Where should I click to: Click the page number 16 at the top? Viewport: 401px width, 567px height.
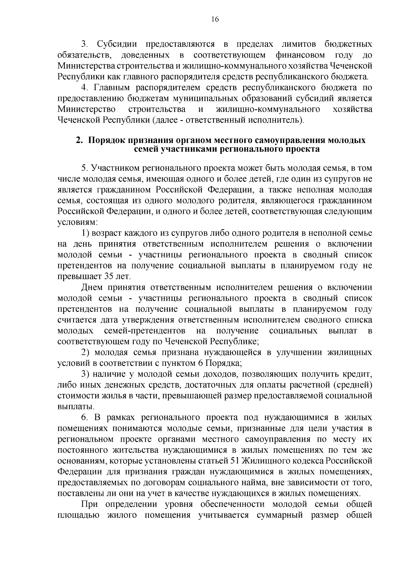215,20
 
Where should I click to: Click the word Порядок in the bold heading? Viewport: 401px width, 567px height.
108,140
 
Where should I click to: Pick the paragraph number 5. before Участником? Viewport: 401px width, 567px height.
85,168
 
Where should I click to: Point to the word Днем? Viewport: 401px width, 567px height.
92,288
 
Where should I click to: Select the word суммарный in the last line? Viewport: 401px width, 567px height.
279,516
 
